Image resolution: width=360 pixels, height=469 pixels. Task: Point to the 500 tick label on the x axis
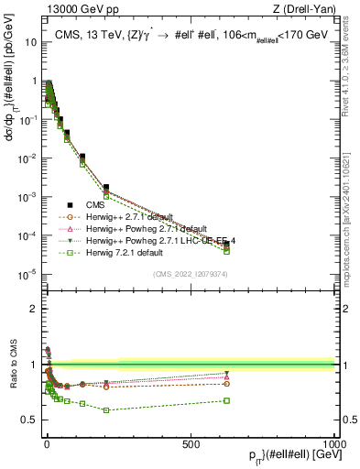pos(191,444)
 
